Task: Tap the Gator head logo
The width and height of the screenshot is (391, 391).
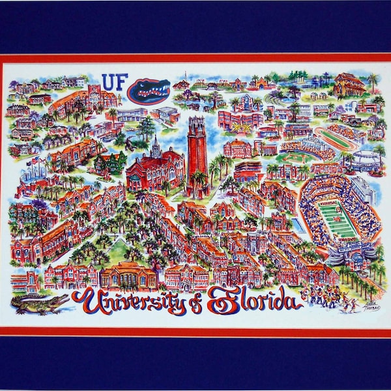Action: click(149, 90)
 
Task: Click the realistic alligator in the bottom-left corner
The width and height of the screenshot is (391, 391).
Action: click(40, 302)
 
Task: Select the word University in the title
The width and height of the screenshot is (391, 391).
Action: click(124, 302)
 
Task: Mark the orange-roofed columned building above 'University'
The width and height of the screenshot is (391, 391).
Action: click(128, 274)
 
